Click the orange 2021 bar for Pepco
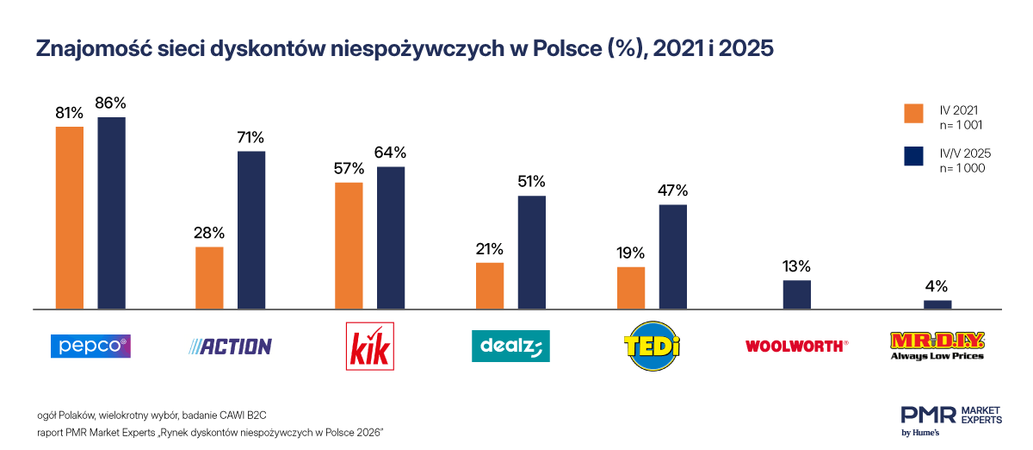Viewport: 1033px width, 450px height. (x=70, y=217)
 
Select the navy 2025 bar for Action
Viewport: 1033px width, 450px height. (x=251, y=229)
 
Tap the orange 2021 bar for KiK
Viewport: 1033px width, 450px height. (x=349, y=245)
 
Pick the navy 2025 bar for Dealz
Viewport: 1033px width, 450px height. (x=532, y=252)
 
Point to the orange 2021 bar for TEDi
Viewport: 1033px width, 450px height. (x=631, y=287)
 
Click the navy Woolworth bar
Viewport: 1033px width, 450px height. (x=796, y=294)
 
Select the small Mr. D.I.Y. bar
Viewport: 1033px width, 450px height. (x=937, y=303)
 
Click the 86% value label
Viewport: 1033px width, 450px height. (x=112, y=103)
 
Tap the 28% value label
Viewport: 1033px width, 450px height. (x=209, y=233)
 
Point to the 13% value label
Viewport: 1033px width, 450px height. (x=796, y=266)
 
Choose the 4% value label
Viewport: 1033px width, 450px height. (x=937, y=286)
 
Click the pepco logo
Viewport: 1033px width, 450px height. (x=90, y=346)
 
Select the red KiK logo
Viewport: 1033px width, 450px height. (x=371, y=347)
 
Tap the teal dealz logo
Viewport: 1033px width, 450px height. (x=510, y=347)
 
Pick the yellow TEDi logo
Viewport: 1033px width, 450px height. (x=652, y=347)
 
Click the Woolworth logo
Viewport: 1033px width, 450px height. (x=796, y=346)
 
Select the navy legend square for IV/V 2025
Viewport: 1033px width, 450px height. (x=913, y=156)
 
